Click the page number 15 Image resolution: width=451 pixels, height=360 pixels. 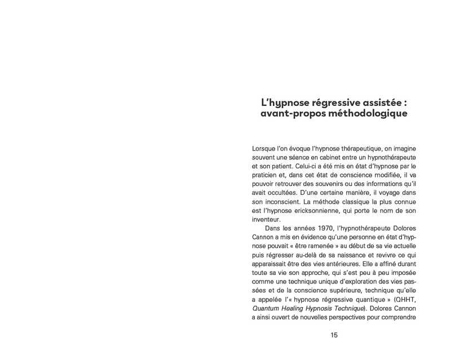point(334,335)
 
